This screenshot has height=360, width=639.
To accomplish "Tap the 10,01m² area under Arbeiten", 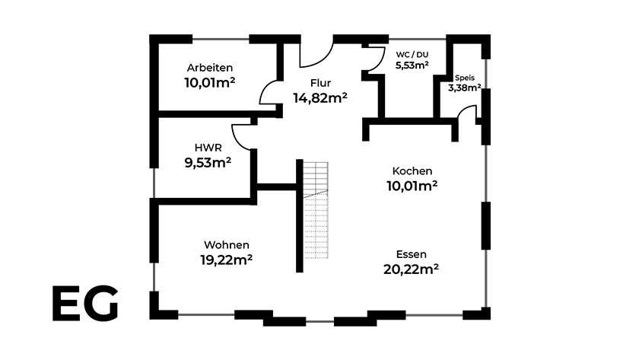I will pos(209,82).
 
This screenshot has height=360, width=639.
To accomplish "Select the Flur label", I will pos(320,83).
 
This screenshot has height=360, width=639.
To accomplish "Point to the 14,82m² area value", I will pos(320,97).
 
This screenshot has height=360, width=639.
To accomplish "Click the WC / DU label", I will pos(412,55).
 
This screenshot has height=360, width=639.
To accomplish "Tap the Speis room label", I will pos(464,78).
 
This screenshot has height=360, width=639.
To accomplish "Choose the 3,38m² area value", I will pos(464,88).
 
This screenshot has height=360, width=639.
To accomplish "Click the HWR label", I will pos(208,148).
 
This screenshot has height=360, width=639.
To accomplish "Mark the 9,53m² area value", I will pos(208,162).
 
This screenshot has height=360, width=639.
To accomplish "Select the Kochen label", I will pos(412,170).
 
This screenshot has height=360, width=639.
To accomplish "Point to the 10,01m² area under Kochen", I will pos(412,185).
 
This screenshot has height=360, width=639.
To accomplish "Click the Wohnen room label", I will pos(227,244).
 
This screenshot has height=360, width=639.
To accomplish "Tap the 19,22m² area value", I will pos(227,260).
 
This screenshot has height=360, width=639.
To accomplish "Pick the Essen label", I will pos(411,254).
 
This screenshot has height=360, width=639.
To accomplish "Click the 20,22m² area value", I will pos(411,269).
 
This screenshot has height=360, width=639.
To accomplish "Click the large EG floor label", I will pos(84,304).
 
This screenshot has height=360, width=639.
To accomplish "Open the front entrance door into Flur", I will pos(315,53).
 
